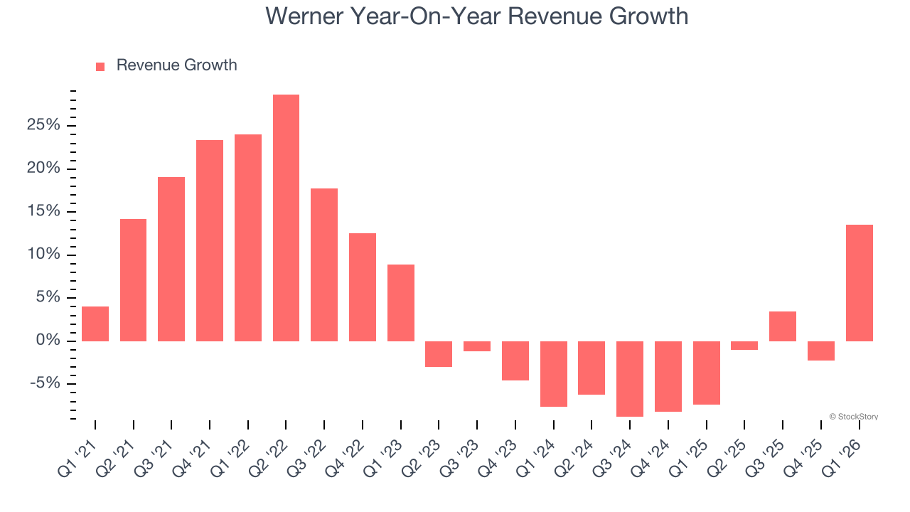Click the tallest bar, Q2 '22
(x=286, y=218)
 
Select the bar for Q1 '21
(x=95, y=324)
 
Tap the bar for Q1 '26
(x=859, y=283)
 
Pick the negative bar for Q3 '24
(x=630, y=378)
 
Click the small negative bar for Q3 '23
(x=477, y=346)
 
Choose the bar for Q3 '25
(x=782, y=326)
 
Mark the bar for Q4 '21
(x=210, y=240)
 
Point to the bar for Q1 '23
(x=401, y=303)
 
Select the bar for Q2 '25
(x=744, y=346)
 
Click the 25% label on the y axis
(x=44, y=126)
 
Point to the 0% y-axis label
(x=48, y=341)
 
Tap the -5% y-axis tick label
(x=45, y=384)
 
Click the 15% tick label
(x=44, y=212)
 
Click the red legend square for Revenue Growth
(x=100, y=66)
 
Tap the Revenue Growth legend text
(x=176, y=65)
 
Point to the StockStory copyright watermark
(x=853, y=417)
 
